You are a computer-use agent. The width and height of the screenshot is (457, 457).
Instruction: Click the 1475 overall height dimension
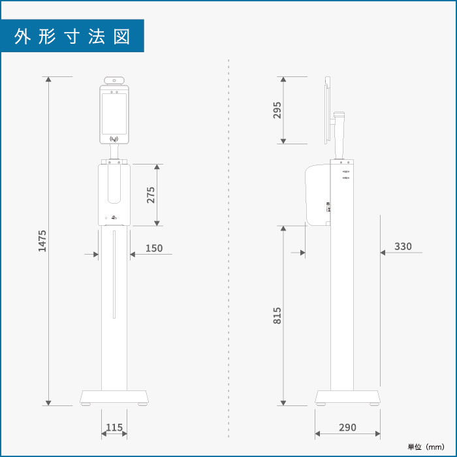coord(42,241)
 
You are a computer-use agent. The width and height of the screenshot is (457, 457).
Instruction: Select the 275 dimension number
coord(151,195)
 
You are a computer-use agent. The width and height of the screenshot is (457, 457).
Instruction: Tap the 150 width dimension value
coord(154,248)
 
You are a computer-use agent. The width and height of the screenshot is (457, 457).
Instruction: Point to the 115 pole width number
coord(114,428)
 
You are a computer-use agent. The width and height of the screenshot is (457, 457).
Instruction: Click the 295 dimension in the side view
coord(277,110)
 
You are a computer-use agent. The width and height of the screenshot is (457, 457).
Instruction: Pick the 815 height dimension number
coord(277,315)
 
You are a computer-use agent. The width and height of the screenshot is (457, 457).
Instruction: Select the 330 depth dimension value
coord(403,247)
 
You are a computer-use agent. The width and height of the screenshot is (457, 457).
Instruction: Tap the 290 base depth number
coord(347,428)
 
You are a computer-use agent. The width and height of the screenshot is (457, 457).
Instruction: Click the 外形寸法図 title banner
coord(72,36)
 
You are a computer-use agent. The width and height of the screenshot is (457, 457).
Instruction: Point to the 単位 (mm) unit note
coord(426,447)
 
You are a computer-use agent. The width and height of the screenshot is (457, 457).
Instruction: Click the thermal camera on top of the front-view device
coord(114,80)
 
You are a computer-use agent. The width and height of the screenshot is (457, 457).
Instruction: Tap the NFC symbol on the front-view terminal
coord(114,138)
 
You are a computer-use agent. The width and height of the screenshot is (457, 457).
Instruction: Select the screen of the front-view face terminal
coord(114,114)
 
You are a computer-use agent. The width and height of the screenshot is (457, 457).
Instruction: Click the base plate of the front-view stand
coord(114,397)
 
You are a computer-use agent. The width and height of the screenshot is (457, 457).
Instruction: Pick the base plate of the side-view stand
coord(347,397)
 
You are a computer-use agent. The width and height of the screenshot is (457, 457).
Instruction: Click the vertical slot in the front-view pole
coord(114,274)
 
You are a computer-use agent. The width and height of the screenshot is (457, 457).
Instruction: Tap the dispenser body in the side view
coord(318,195)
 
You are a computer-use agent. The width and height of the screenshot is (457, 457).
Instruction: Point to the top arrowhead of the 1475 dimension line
coord(48,79)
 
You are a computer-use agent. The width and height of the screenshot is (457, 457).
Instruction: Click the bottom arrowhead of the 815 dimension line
coord(283,403)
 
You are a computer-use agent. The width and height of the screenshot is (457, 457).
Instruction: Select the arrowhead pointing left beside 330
coord(383,253)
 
